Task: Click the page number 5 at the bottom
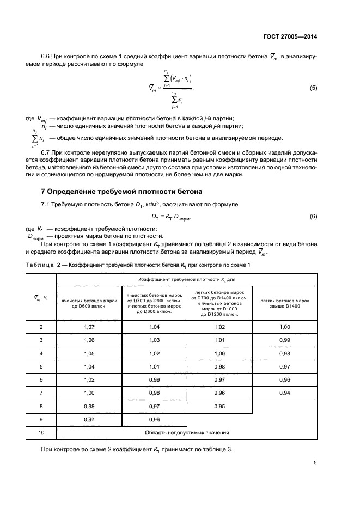[315, 463]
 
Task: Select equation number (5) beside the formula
[313, 88]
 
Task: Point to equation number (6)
[313, 217]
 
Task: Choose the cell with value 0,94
[284, 393]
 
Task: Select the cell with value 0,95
[219, 406]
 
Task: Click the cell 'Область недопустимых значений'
[187, 432]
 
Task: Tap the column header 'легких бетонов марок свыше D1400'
[284, 303]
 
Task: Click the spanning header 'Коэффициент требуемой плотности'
[187, 278]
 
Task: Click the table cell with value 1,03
[154, 340]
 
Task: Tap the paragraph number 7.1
[47, 204]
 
